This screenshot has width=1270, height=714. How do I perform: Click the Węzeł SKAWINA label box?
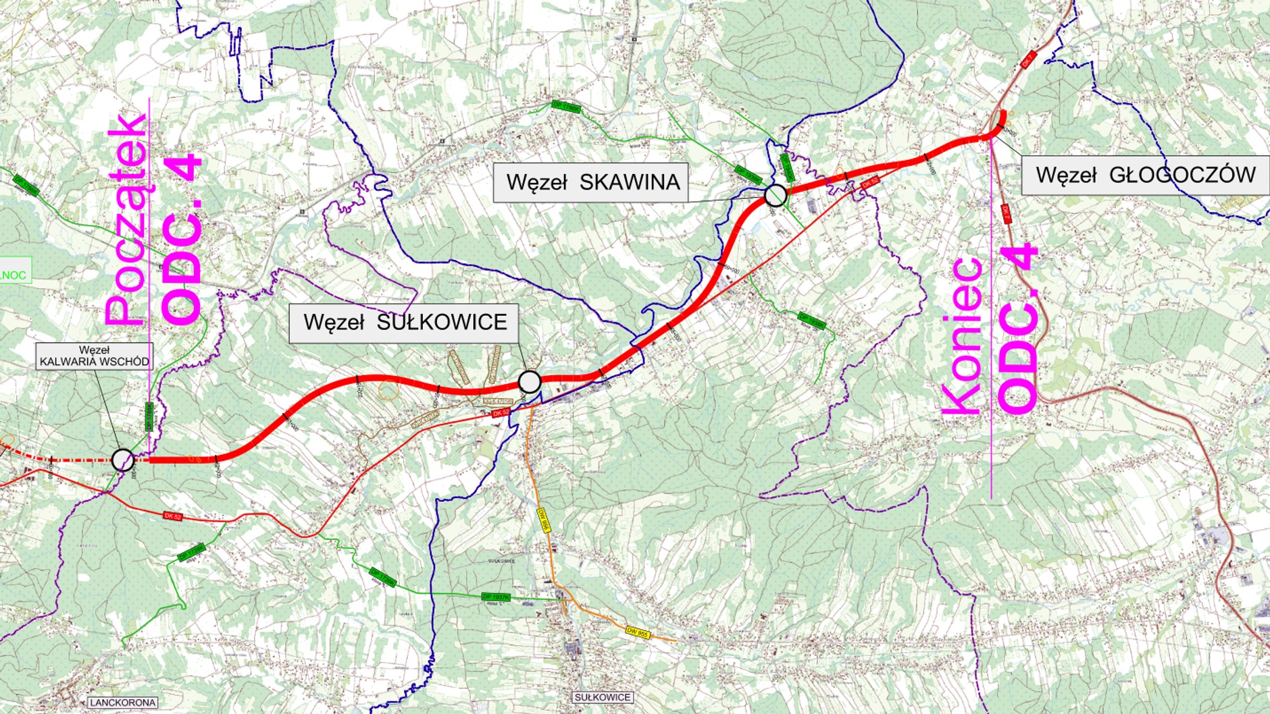[590, 182]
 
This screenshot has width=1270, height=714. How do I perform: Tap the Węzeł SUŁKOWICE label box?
[404, 323]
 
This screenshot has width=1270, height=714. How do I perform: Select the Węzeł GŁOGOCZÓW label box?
[1145, 175]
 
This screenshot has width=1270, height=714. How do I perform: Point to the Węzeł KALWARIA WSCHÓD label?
[95, 356]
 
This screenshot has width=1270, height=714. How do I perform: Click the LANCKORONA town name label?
[123, 703]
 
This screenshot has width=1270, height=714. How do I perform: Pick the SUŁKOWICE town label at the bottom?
[602, 697]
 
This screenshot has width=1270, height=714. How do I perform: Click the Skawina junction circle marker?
[776, 196]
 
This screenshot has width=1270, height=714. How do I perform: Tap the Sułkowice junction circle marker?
[530, 382]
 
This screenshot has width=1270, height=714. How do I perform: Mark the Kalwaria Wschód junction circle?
[123, 460]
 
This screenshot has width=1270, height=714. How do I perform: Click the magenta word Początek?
[127, 219]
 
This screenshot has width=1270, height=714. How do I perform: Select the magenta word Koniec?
[962, 335]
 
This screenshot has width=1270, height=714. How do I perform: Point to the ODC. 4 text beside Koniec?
[1017, 329]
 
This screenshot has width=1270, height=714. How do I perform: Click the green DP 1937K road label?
[497, 597]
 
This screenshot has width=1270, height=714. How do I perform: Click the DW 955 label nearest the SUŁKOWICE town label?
[637, 632]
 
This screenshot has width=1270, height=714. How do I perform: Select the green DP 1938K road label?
[812, 321]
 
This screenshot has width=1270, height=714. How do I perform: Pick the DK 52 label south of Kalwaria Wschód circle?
[173, 516]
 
